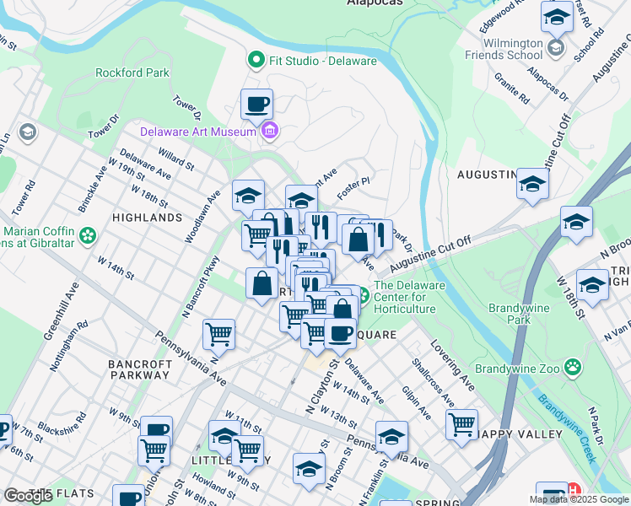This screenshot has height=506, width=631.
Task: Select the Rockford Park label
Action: coord(132,73)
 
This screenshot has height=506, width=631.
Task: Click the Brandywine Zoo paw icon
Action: coord(573,367)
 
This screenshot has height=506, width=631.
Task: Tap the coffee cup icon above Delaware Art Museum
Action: coord(256,105)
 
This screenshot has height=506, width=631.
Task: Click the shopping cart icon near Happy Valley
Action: coord(461,424)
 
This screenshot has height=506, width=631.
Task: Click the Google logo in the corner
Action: coord(28,496)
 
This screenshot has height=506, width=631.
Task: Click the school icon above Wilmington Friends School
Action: coord(557,17)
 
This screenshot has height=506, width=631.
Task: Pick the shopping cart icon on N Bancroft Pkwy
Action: coord(219,334)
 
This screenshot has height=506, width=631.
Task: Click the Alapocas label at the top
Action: coord(375,3)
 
